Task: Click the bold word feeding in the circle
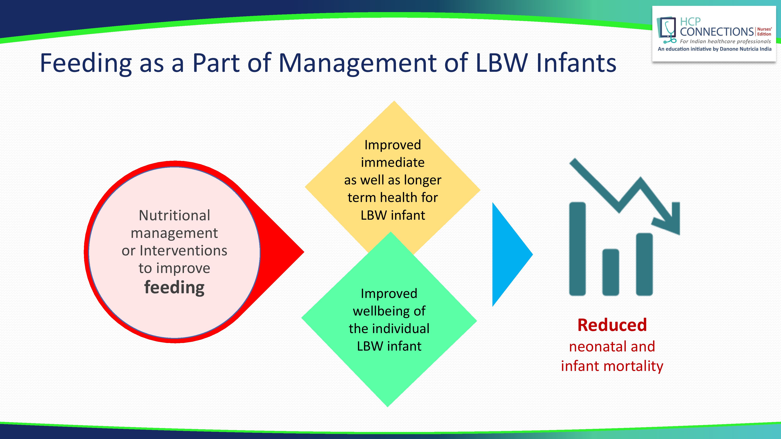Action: (174, 287)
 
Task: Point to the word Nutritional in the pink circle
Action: (174, 215)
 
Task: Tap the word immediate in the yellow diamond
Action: (393, 162)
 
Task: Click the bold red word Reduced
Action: (612, 325)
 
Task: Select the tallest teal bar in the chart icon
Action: (577, 248)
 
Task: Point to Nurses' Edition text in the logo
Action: (764, 31)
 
